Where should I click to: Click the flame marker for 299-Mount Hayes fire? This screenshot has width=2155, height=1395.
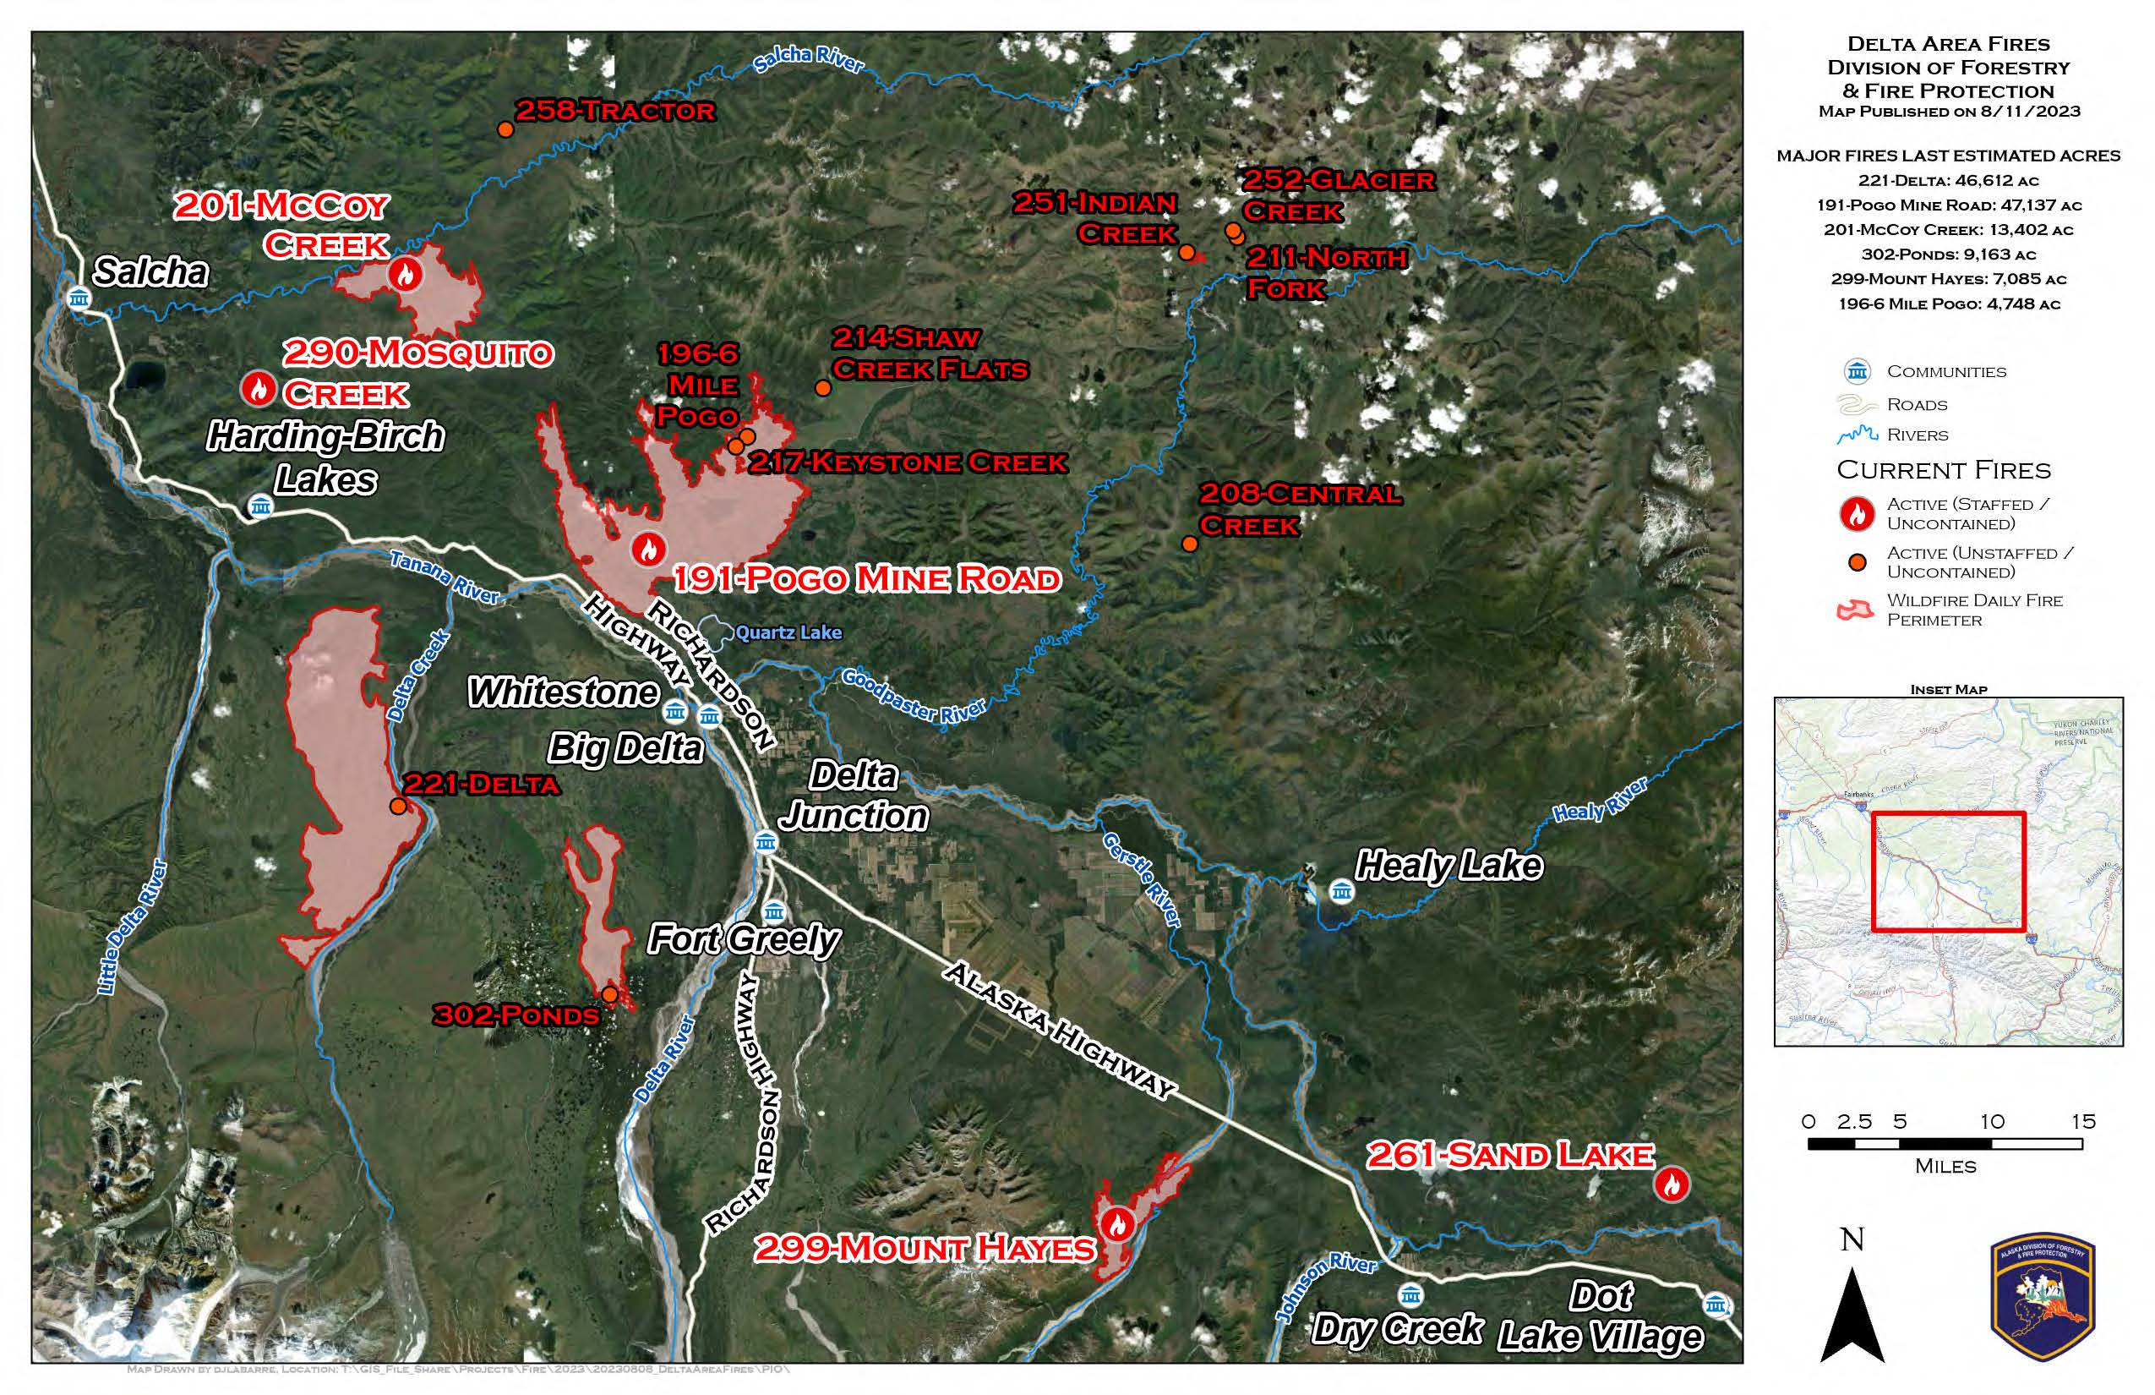(1117, 1225)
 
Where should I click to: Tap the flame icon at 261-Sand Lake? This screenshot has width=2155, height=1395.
(1672, 1184)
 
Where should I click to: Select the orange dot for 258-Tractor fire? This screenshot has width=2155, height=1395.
(506, 129)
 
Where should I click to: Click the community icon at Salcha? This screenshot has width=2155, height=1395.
(79, 298)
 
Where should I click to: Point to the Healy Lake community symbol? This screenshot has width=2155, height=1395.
(1342, 891)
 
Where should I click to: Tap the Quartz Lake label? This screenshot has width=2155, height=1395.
(788, 632)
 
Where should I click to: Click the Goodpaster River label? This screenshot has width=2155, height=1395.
(913, 696)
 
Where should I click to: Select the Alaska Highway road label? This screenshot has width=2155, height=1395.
(1060, 1030)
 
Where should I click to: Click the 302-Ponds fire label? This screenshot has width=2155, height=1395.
(516, 1015)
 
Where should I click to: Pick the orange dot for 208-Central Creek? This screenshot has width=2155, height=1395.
(1190, 544)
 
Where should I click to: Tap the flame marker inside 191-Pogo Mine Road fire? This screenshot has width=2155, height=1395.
(648, 549)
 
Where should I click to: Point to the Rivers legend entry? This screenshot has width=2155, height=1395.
(1917, 435)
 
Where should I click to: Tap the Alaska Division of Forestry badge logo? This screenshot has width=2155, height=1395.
(2043, 1297)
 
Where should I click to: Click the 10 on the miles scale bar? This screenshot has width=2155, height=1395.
(1992, 1121)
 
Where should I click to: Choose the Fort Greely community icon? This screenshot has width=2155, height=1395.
(773, 911)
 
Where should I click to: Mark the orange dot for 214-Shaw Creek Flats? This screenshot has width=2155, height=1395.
(822, 389)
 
